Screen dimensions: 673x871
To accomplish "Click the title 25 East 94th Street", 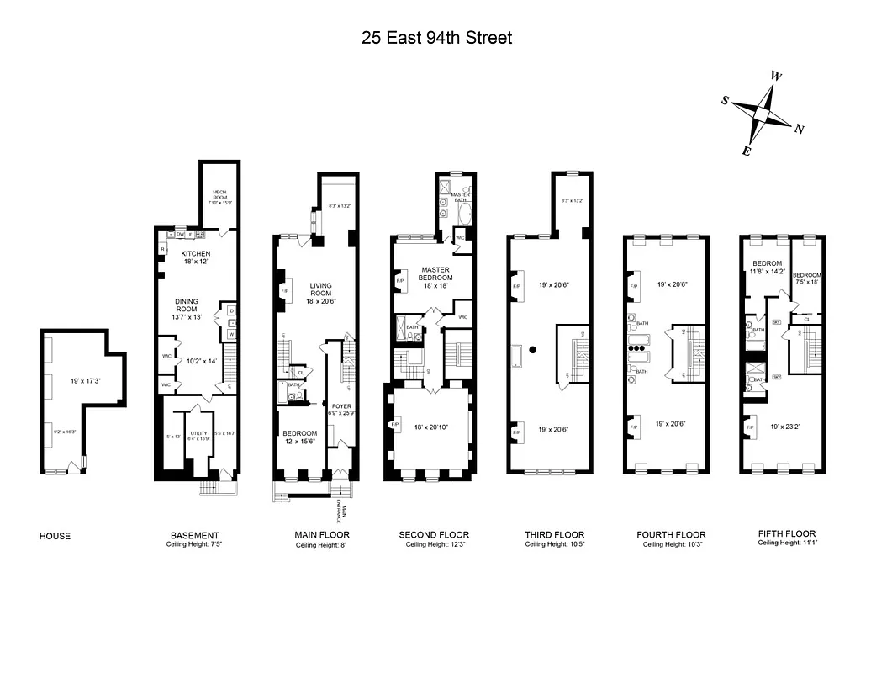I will tap(436, 37).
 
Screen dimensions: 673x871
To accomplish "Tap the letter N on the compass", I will tap(800, 130).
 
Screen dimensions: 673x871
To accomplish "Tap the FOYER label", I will tap(340, 406).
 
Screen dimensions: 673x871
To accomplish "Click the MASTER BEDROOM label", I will tap(435, 273).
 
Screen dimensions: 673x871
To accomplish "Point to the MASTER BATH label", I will tap(460, 195).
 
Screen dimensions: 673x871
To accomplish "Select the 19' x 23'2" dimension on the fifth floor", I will tap(786, 427).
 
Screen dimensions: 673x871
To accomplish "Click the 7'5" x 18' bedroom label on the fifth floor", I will tap(807, 279).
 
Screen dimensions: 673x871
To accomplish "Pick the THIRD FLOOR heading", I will tap(554, 534).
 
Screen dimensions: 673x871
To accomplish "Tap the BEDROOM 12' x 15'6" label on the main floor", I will tap(299, 437).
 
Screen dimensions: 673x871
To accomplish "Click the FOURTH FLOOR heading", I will tap(671, 534).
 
